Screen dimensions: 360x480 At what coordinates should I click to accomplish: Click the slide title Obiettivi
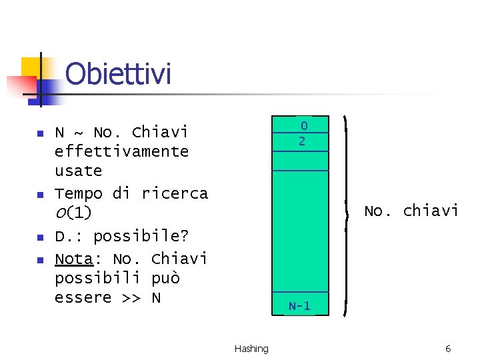(119, 74)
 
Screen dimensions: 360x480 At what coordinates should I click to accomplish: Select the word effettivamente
(121, 151)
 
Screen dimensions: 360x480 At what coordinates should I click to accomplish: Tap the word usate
(78, 171)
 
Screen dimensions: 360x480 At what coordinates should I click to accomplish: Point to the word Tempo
(78, 193)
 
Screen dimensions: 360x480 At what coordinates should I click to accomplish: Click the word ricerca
(175, 193)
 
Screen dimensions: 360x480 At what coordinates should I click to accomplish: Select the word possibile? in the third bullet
(141, 236)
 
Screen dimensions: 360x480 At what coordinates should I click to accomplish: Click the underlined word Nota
(73, 258)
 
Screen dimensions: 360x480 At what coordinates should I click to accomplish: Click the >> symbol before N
(131, 297)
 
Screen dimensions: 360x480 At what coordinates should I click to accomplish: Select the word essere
(83, 297)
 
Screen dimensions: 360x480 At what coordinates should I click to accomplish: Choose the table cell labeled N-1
(300, 306)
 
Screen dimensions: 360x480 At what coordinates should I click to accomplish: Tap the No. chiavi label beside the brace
(411, 211)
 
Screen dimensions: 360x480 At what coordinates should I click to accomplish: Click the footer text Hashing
(251, 349)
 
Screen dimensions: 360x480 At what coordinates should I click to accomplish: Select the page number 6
(448, 349)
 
